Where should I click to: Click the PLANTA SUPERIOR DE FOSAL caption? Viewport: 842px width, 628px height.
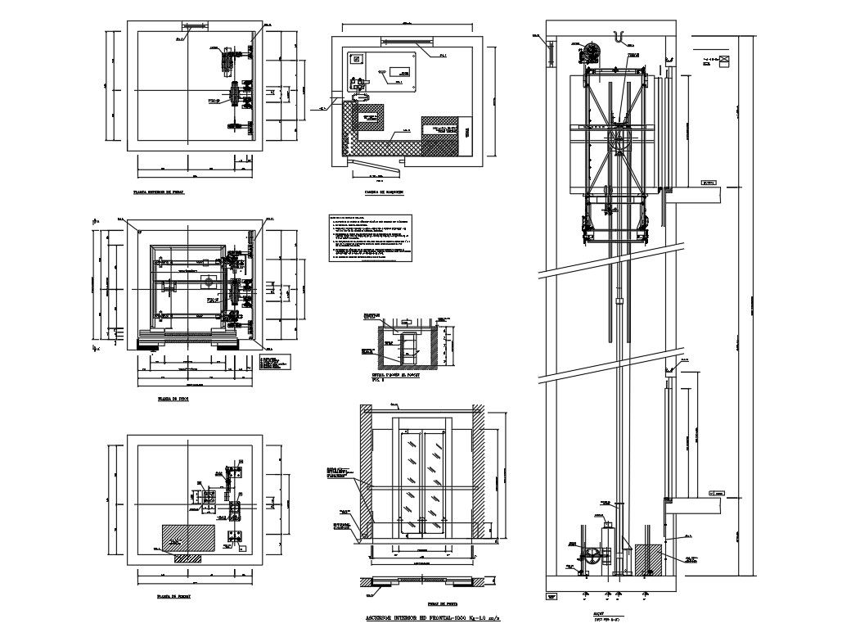coord(159,193)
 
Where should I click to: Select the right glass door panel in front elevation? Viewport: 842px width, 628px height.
coord(434,479)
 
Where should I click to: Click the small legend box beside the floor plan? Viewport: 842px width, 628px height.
coord(275,362)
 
